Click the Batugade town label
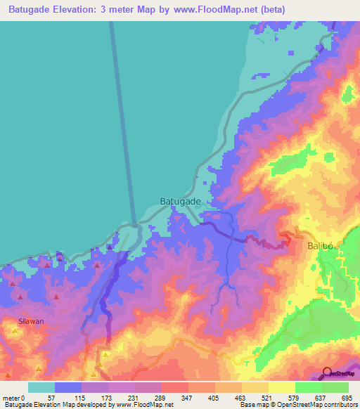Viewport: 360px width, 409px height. [x=181, y=200]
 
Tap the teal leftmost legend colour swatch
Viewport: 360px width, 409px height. [x=41, y=387]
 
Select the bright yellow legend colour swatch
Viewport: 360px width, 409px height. [x=282, y=387]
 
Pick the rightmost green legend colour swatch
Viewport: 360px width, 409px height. [x=335, y=387]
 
